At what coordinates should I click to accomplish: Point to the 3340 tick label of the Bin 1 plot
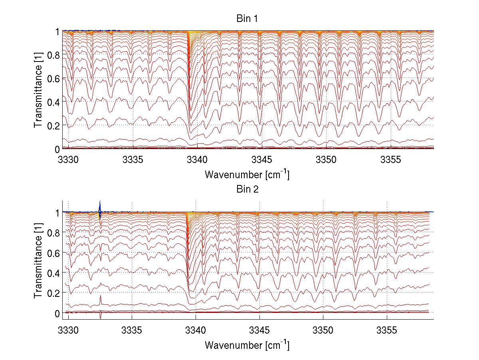[x=198, y=159]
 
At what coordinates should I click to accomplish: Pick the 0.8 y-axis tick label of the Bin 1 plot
[x=54, y=55]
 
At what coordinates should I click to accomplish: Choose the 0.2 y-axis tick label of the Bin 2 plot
[x=54, y=293]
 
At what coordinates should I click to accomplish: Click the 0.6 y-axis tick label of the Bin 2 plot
[x=54, y=253]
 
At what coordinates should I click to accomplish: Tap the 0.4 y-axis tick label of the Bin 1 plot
[x=54, y=102]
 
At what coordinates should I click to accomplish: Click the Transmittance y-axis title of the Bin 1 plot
[x=38, y=90]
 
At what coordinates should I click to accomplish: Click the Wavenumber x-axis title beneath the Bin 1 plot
[x=247, y=174]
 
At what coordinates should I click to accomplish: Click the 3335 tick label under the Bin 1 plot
[x=133, y=159]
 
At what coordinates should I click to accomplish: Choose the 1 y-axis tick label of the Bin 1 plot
[x=58, y=31]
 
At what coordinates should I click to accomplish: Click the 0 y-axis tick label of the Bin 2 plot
[x=58, y=313]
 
